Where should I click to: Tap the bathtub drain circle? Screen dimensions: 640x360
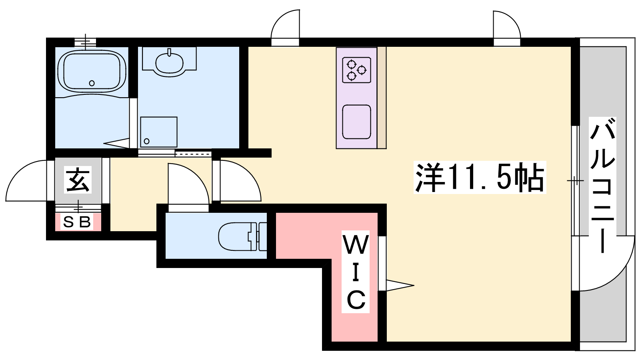pos(92,83)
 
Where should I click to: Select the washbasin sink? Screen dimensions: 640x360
pos(169,62)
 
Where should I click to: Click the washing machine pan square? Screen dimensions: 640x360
pos(158,132)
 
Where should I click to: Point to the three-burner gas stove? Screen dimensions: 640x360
pos(356,70)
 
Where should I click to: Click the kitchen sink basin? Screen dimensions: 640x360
pos(356,122)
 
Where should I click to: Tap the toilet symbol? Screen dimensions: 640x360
pos(242,236)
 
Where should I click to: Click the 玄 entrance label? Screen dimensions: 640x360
pos(78,180)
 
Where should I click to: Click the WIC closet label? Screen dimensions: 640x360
pos(356,272)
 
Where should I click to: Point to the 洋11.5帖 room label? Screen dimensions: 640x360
pos(480,178)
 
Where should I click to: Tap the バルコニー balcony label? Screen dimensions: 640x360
pos(602,185)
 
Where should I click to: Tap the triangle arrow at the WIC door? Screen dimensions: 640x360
pos(400,285)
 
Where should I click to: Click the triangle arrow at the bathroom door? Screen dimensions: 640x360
pos(116,143)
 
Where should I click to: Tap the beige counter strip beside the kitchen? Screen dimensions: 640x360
pos(382,98)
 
